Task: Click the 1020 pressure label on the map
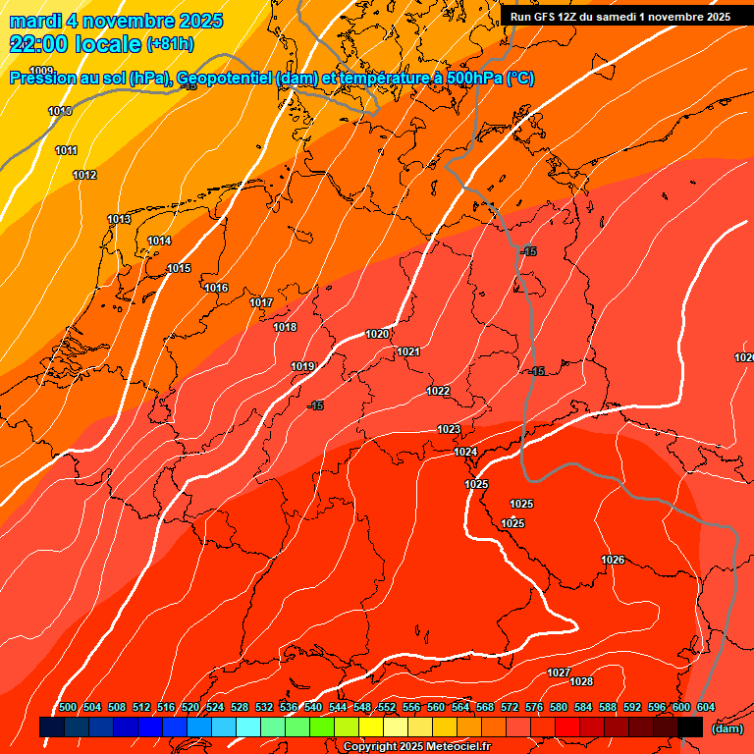pos(377,334)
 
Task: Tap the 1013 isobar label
pos(119,219)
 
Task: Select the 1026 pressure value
pos(613,560)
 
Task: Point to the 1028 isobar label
pos(581,681)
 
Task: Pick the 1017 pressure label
pos(261,302)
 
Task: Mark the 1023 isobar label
pos(449,429)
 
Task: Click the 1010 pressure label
pos(60,111)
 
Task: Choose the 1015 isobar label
pos(179,268)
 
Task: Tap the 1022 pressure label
pos(438,391)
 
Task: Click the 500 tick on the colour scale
pos(68,708)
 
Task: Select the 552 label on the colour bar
pos(387,708)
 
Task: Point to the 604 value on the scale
pos(706,708)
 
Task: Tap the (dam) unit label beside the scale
pos(727,728)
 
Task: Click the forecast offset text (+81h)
pos(170,44)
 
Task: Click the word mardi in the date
pos(32,21)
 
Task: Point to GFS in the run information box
pos(546,17)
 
